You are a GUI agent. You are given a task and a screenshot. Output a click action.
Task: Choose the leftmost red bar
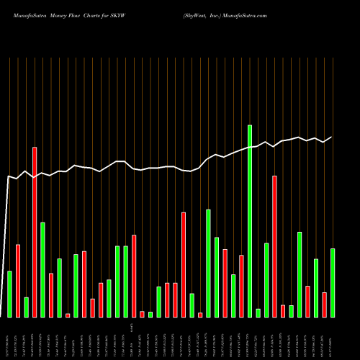pos(18,281)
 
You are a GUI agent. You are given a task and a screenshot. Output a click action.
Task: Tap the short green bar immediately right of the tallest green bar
pos(258,312)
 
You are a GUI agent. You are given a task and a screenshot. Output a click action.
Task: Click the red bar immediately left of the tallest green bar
pos(241,286)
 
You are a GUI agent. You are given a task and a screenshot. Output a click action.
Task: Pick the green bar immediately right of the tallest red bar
pos(42,269)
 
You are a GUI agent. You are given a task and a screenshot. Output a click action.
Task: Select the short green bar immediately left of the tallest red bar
pos(26,307)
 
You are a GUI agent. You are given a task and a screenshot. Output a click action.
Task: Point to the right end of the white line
pos(332,137)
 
